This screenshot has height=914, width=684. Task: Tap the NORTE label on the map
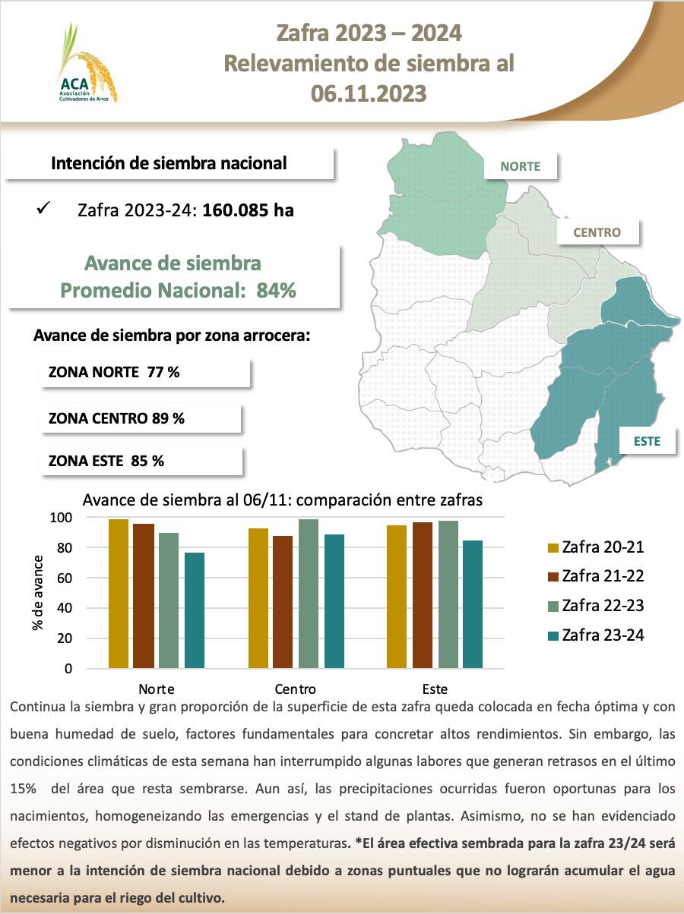pyautogui.click(x=520, y=166)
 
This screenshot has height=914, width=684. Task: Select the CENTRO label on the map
pyautogui.click(x=597, y=232)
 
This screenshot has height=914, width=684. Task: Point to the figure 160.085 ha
pyautogui.click(x=248, y=210)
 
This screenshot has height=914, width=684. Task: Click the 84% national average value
pyautogui.click(x=277, y=291)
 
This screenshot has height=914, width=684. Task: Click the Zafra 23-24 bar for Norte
pyautogui.click(x=195, y=610)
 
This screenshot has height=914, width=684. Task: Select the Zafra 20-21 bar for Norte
pyautogui.click(x=119, y=594)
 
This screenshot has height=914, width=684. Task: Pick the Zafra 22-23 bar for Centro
pyautogui.click(x=309, y=594)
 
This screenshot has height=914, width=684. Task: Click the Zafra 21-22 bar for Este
pyautogui.click(x=423, y=595)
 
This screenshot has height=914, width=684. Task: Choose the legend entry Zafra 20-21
pyautogui.click(x=595, y=547)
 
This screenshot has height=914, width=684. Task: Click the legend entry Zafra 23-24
pyautogui.click(x=595, y=635)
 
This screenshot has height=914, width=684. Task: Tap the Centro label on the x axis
pyautogui.click(x=296, y=689)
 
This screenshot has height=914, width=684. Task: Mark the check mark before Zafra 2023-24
pyautogui.click(x=43, y=208)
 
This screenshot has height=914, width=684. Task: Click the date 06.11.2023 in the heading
pyautogui.click(x=369, y=93)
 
